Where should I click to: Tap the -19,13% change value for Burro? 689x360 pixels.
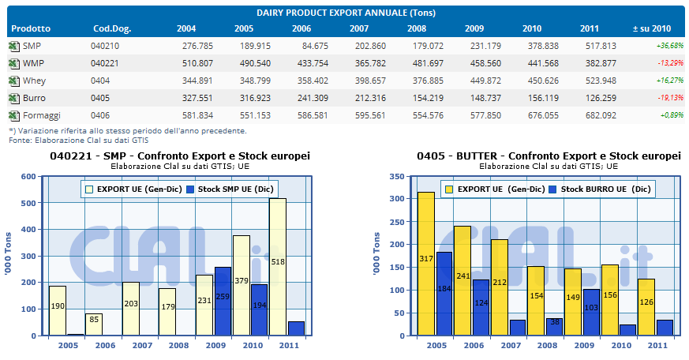[x=670, y=98]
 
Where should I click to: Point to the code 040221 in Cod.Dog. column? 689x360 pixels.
[x=105, y=63]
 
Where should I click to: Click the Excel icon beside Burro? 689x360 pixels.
[x=14, y=98]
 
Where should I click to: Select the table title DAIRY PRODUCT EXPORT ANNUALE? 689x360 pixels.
[x=346, y=13]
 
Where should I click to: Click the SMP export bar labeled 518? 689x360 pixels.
[x=277, y=266]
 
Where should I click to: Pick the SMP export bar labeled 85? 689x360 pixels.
[x=94, y=324]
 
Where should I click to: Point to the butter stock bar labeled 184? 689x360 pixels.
[x=444, y=293]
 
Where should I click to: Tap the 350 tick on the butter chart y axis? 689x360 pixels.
[x=397, y=176]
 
